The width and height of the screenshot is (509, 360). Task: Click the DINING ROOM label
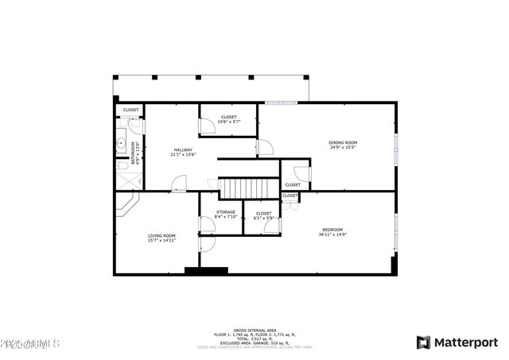pos(343,142)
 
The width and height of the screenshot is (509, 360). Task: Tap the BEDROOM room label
pos(332,230)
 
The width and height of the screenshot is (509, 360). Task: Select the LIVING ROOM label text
pos(161,236)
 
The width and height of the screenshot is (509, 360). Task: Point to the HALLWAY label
pos(183,149)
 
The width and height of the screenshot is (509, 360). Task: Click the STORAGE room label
pos(226,211)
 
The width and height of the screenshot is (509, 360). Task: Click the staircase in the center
pos(249,188)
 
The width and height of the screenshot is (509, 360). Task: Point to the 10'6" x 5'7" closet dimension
pos(229,122)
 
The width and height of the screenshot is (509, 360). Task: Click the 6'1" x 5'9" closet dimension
pos(263,218)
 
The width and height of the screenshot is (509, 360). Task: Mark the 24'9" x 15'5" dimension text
pos(343,147)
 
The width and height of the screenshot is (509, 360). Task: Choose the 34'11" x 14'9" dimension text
pos(332,234)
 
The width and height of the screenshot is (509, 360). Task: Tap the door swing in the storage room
pos(208,225)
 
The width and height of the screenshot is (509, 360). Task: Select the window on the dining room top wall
pos(282,102)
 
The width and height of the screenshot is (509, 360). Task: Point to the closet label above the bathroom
pos(130,110)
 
